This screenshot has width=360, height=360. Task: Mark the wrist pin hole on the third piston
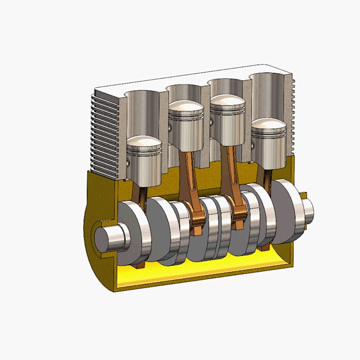tap(211, 122)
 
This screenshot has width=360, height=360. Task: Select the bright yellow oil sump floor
tap(201, 270)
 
